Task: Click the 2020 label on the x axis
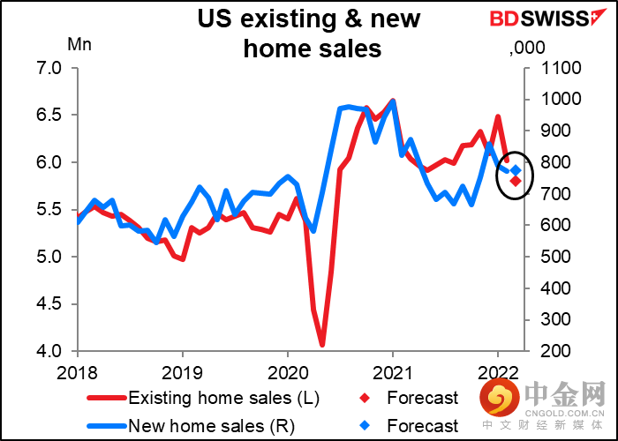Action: (x=287, y=372)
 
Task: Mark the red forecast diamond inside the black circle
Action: (x=515, y=181)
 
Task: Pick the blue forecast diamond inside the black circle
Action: (x=516, y=170)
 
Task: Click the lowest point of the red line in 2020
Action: (x=322, y=345)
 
